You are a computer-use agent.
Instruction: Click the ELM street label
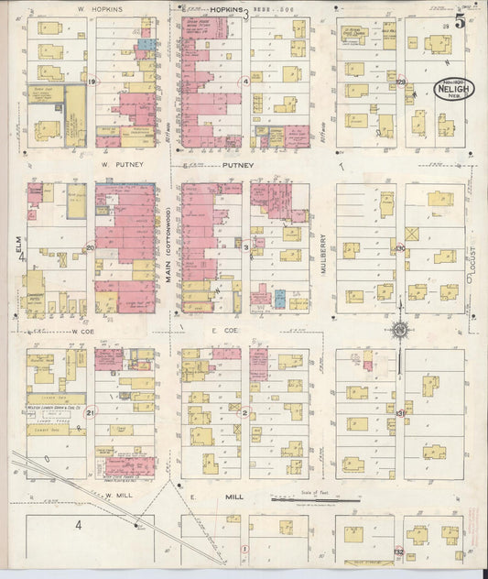click(17, 245)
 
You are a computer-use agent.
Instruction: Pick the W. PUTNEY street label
click(119, 166)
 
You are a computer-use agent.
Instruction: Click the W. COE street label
click(84, 332)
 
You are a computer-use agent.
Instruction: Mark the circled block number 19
click(92, 82)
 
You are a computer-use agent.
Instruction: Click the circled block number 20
click(90, 248)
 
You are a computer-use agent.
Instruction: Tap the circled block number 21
click(90, 413)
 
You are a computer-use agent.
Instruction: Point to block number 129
click(400, 83)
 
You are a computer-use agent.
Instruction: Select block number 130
click(399, 248)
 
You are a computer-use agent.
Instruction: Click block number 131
click(399, 413)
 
